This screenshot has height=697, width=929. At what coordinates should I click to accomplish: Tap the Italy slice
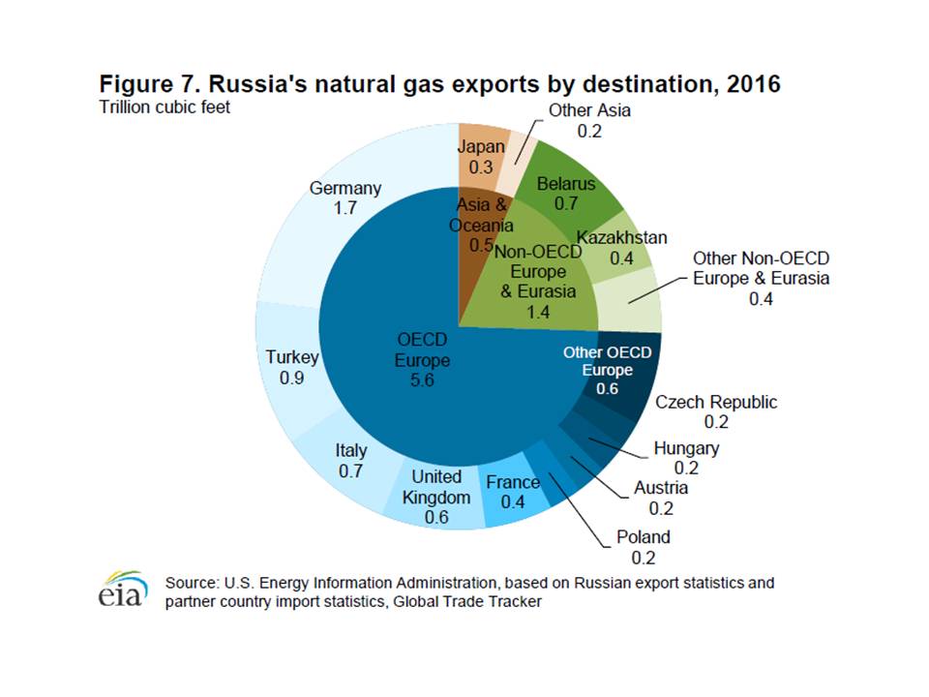pyautogui.click(x=350, y=459)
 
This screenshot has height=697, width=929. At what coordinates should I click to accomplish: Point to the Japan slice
pyautogui.click(x=481, y=156)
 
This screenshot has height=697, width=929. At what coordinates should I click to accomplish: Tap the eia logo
pyautogui.click(x=123, y=590)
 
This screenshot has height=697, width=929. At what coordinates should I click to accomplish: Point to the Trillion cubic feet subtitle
pyautogui.click(x=165, y=106)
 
